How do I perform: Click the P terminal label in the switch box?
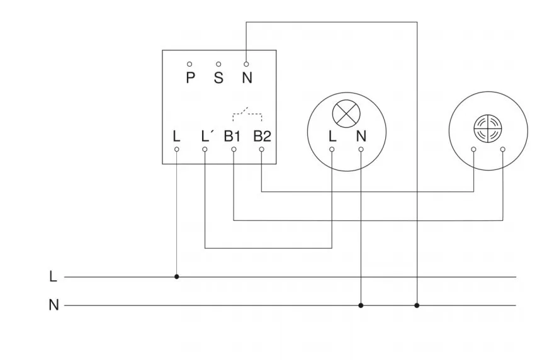click(190, 79)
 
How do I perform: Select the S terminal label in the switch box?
click(218, 79)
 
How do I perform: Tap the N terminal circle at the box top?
click(246, 64)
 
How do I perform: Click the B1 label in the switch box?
click(232, 136)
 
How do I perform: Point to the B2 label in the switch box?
click(262, 136)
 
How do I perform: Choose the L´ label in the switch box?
click(206, 136)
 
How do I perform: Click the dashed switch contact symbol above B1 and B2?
click(247, 113)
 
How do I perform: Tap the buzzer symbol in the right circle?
click(487, 127)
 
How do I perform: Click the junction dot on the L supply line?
click(176, 276)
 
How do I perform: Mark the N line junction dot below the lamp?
click(361, 305)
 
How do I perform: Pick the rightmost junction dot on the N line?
click(417, 305)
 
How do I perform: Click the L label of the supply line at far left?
click(53, 276)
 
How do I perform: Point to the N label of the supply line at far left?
click(54, 305)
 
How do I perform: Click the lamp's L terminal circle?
click(332, 149)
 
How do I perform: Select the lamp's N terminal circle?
click(361, 149)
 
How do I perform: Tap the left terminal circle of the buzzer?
click(473, 149)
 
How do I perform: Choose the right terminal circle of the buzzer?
click(503, 149)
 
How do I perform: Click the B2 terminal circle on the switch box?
click(262, 149)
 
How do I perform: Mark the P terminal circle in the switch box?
click(189, 64)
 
